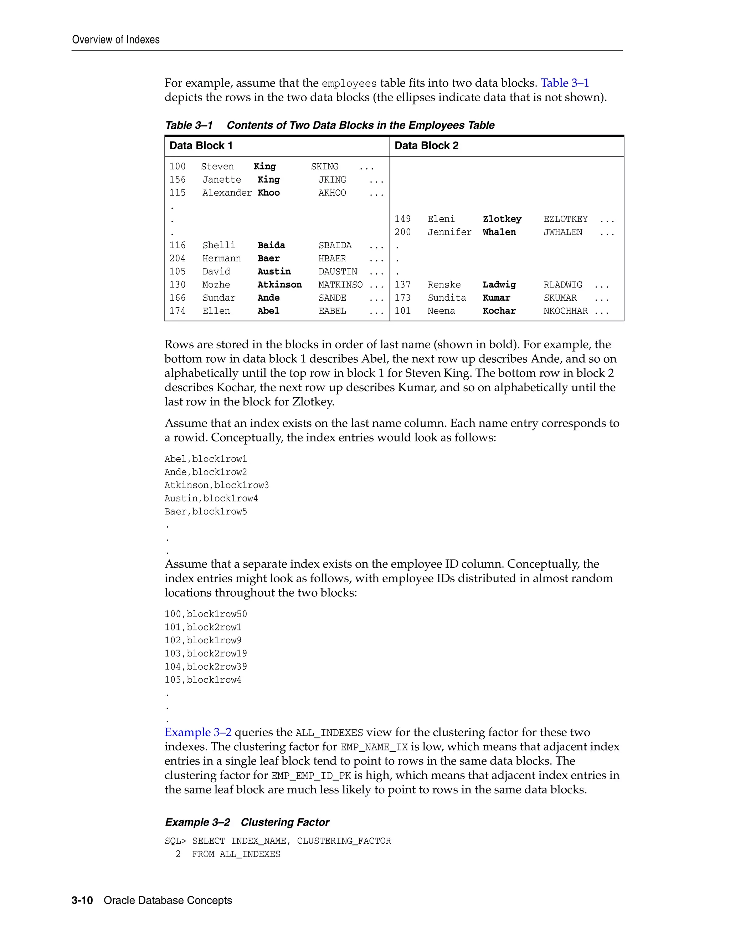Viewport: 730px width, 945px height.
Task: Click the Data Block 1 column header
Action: tap(201, 146)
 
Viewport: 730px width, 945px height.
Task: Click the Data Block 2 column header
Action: tap(426, 146)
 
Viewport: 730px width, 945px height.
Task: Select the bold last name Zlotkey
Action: tap(502, 219)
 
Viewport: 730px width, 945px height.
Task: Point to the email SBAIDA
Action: tap(335, 245)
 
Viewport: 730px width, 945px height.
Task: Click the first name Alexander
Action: tap(227, 193)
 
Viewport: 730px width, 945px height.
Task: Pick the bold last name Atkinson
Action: tap(279, 285)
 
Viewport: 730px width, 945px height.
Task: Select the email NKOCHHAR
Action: tap(565, 311)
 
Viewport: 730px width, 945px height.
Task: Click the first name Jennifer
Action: tap(449, 233)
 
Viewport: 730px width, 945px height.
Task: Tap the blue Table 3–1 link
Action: tap(564, 83)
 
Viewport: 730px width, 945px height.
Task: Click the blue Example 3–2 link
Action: tap(197, 732)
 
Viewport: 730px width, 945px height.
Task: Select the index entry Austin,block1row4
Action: tap(211, 499)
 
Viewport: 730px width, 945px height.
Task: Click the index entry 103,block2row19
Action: tap(205, 653)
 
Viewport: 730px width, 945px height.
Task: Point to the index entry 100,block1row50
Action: tap(205, 614)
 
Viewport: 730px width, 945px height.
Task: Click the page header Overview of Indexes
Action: tap(115, 40)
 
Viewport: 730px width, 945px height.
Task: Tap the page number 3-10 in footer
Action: tap(82, 900)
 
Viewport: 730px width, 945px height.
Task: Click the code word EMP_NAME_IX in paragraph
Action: tap(374, 747)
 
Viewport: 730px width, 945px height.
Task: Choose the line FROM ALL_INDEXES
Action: tap(236, 854)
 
